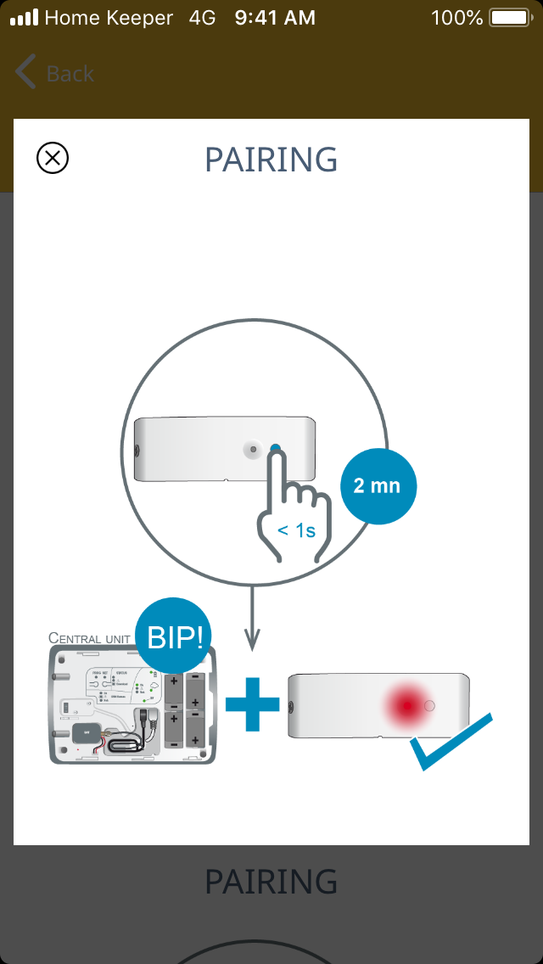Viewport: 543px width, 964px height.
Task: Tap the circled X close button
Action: click(53, 158)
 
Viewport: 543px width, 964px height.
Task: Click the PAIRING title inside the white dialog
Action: click(271, 160)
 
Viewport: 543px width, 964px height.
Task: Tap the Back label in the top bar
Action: click(70, 74)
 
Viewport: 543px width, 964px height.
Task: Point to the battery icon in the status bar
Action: click(508, 18)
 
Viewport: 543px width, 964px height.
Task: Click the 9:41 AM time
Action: click(275, 18)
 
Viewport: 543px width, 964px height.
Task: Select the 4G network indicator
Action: click(202, 18)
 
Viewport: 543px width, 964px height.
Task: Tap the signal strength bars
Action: click(24, 18)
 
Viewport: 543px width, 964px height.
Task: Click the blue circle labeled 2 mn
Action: click(378, 486)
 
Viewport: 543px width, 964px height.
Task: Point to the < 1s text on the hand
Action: click(296, 531)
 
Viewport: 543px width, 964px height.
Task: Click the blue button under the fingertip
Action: click(276, 449)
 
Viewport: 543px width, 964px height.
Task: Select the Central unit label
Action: click(89, 637)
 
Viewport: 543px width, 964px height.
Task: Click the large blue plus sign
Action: click(252, 703)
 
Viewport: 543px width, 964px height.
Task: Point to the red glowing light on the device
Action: click(407, 704)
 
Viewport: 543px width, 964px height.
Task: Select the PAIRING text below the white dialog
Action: click(271, 883)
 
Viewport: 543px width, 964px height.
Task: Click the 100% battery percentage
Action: click(456, 18)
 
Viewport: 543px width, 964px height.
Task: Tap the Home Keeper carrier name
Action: click(109, 18)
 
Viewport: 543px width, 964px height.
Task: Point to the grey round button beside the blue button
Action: click(253, 450)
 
